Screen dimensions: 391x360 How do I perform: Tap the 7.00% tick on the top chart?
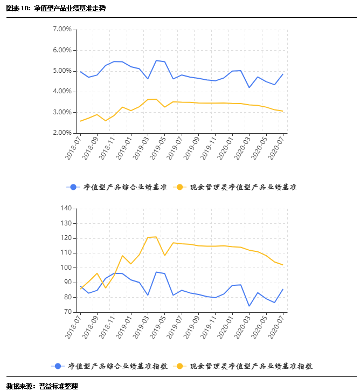[x=63, y=29]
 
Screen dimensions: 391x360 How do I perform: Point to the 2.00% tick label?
[x=63, y=133]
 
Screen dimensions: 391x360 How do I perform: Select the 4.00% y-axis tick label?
[x=63, y=92]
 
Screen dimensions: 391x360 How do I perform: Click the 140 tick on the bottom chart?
[x=66, y=208]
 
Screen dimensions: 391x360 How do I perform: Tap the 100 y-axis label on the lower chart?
[x=66, y=267]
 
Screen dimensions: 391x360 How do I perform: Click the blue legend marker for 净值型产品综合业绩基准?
[x=73, y=187]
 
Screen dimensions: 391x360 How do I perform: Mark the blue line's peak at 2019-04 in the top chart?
[x=156, y=60]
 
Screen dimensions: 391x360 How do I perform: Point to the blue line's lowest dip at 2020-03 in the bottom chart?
[x=249, y=306]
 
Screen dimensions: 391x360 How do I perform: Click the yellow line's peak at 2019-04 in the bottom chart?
[x=156, y=237]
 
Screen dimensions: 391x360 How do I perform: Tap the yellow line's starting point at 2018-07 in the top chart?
[x=80, y=121]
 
